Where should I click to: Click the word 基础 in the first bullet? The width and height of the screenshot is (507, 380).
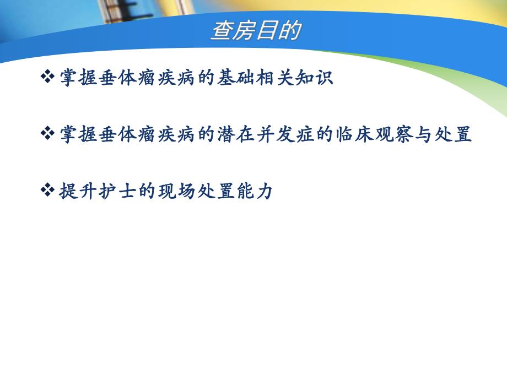click(x=233, y=78)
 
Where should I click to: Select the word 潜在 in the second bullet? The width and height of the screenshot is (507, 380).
click(x=233, y=134)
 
